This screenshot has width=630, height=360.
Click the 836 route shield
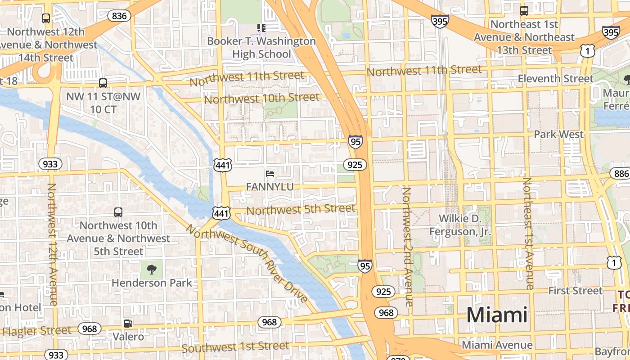[119, 16]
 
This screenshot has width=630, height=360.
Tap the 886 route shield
[621, 174]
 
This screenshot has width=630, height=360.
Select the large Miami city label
[497, 315]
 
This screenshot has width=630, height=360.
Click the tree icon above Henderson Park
[152, 269]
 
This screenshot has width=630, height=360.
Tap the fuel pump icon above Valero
[128, 323]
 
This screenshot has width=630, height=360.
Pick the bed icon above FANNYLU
[270, 173]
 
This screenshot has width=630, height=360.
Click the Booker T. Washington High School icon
[261, 28]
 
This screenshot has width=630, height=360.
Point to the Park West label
[558, 134]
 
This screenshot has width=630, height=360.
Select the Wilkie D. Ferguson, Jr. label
[460, 225]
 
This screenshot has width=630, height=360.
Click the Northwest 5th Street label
[301, 209]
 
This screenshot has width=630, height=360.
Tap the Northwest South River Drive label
[247, 263]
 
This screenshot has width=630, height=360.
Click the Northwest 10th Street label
[262, 98]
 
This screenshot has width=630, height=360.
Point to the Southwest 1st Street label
[235, 347]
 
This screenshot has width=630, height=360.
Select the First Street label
[575, 291]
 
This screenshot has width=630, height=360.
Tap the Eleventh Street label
[555, 79]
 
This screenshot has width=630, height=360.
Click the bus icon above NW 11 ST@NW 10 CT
[103, 83]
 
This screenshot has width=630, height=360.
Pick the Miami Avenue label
[497, 345]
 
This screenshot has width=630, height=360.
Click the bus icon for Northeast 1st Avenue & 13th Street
[524, 11]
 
